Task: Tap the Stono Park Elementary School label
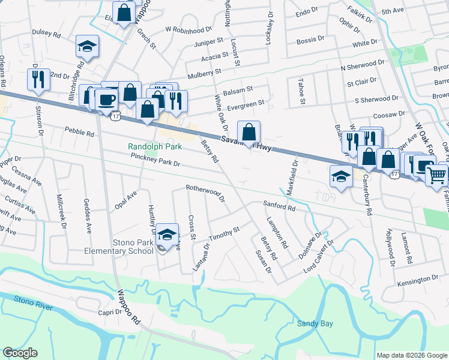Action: pos(125,247)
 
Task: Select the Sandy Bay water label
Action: pos(315,323)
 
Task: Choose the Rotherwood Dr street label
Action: pos(205,192)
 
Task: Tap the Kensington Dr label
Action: pos(418,280)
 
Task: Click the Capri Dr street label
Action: pos(110,313)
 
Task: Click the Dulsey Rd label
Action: pos(47,35)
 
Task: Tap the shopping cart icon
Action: pos(436,175)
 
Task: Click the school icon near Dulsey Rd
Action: pos(87,46)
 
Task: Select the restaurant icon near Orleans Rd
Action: pos(38,79)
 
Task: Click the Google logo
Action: pos(20,353)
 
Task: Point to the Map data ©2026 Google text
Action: pos(411,355)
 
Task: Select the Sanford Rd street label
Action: pos(280,207)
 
